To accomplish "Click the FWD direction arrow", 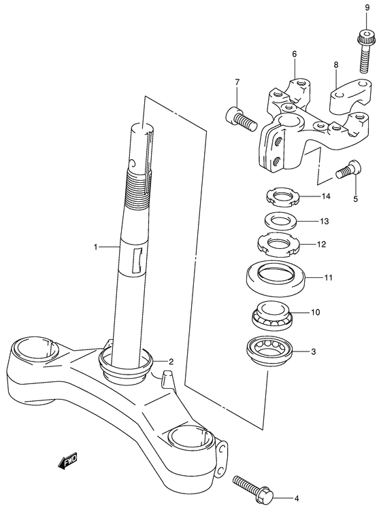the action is [68, 460].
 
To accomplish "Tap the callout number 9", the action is [367, 7].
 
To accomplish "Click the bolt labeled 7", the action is [242, 120].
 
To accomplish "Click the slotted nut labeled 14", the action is [284, 198].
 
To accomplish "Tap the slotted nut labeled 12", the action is [279, 245].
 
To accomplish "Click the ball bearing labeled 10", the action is [271, 315].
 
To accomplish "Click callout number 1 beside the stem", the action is [95, 247].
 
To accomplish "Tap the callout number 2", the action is [171, 362].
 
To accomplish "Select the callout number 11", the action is [328, 277].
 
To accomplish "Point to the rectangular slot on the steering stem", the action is [137, 260].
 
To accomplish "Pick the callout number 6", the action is [295, 54].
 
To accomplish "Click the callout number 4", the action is [297, 498].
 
